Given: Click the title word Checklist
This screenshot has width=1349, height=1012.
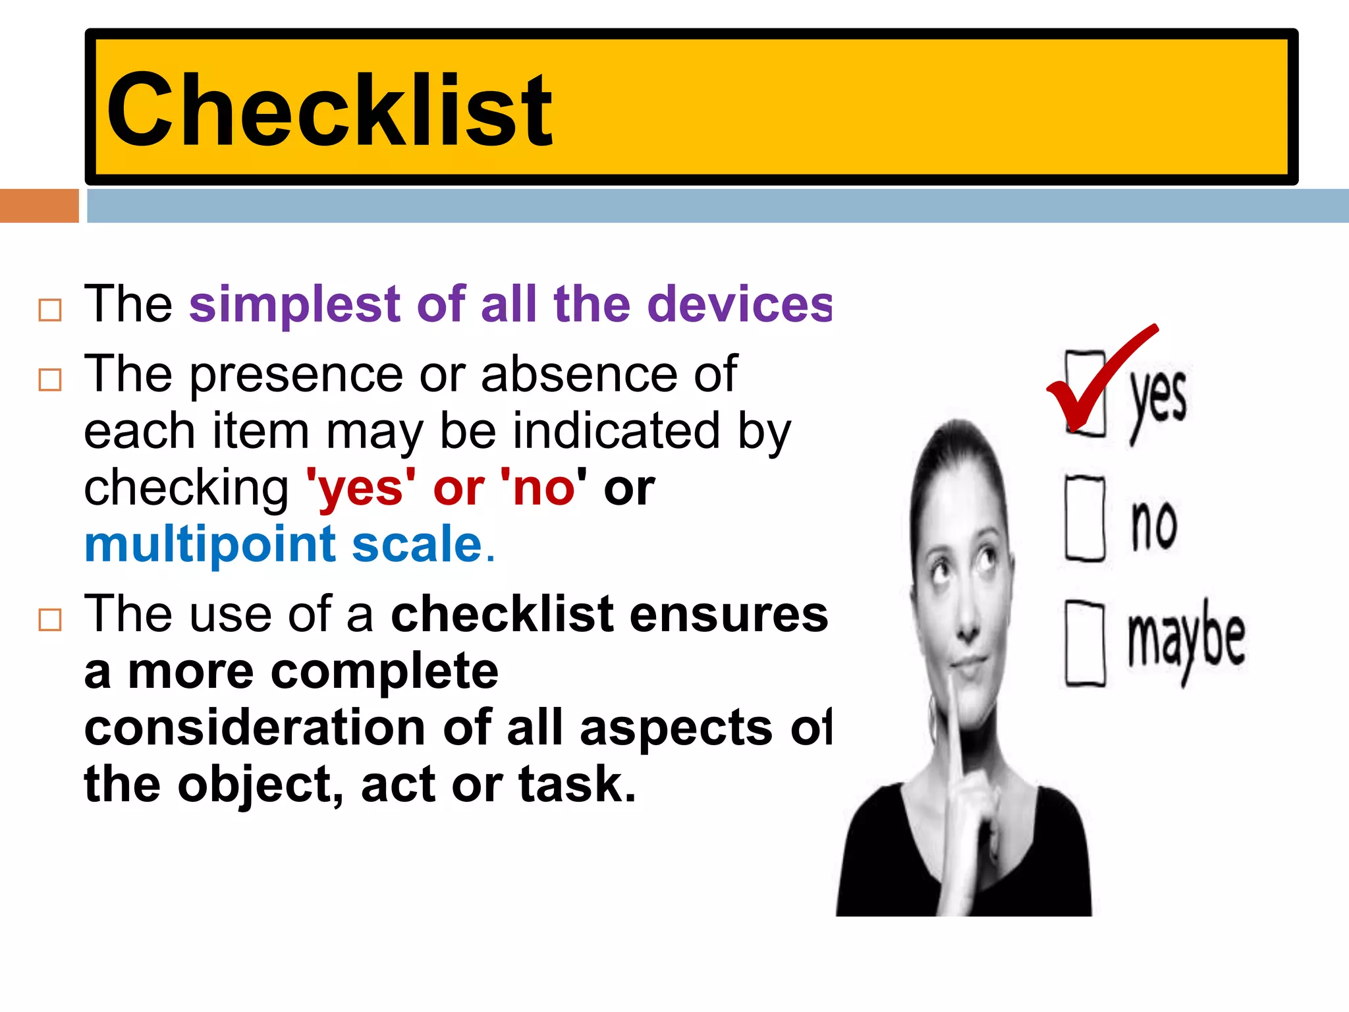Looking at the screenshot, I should pyautogui.click(x=328, y=109).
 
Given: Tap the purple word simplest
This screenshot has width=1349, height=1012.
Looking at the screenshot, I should pyautogui.click(x=294, y=304).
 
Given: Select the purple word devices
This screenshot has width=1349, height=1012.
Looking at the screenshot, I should pyautogui.click(x=739, y=304).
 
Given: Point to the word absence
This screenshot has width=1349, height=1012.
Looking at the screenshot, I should pyautogui.click(x=578, y=374).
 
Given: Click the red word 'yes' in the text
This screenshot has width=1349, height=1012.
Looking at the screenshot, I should pyautogui.click(x=361, y=489).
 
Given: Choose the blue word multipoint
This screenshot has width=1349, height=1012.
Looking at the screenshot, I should pyautogui.click(x=210, y=546).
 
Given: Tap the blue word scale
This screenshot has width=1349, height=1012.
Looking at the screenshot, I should pyautogui.click(x=418, y=546).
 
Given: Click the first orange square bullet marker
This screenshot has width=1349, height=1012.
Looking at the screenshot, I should pyautogui.click(x=50, y=310).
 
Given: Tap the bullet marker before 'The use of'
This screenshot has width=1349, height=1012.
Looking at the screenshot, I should pyautogui.click(x=50, y=620).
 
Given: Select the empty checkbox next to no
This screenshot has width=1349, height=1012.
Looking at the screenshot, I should pyautogui.click(x=1085, y=519).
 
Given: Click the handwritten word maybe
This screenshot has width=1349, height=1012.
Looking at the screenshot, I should pyautogui.click(x=1186, y=638).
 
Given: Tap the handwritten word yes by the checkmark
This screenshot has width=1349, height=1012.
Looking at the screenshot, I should pyautogui.click(x=1158, y=399).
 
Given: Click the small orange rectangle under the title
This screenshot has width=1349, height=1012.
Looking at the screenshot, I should pyautogui.click(x=39, y=206).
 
